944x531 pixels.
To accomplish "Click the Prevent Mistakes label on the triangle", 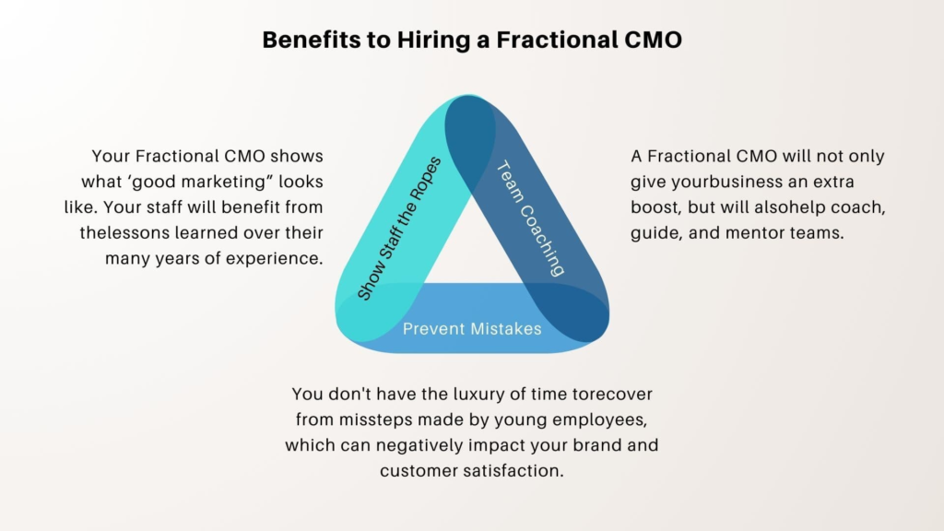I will [x=472, y=328].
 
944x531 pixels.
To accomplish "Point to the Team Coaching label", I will [x=530, y=218].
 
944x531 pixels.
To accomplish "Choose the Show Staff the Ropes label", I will [x=398, y=229].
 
